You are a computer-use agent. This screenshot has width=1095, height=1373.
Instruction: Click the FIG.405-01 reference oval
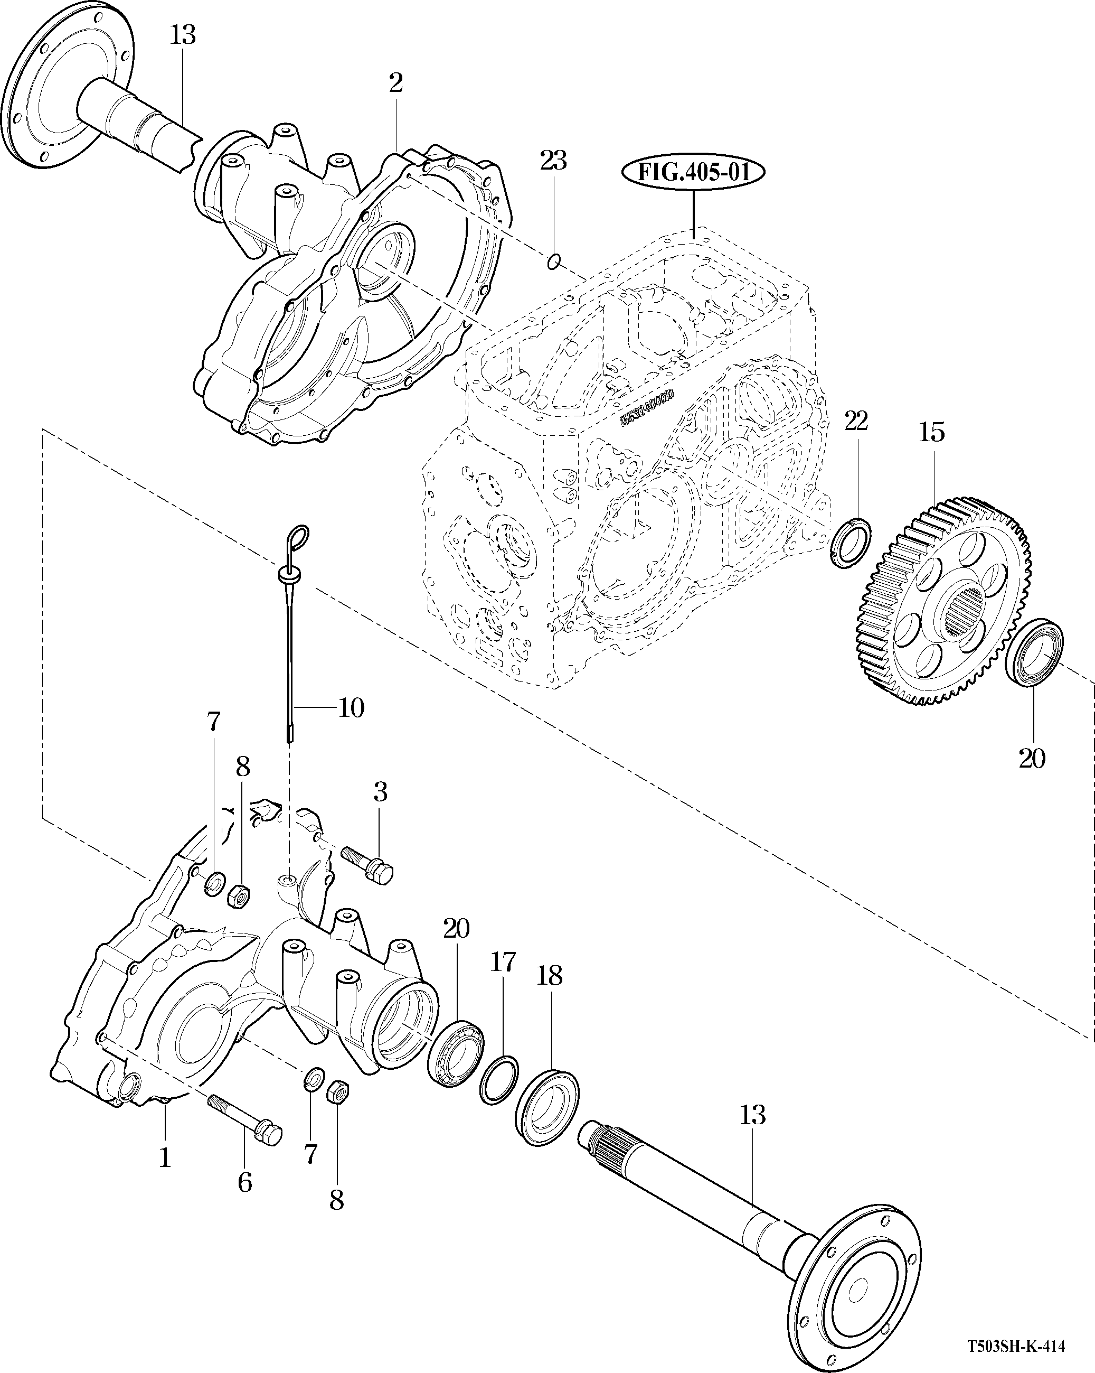693,173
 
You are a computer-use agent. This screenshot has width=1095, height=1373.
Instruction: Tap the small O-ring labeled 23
553,260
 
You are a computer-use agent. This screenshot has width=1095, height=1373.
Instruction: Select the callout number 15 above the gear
931,433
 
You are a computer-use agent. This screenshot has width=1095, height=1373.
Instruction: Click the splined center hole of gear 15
962,612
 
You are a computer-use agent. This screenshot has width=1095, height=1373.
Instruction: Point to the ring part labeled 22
852,542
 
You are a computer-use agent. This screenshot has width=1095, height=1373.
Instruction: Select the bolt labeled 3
367,867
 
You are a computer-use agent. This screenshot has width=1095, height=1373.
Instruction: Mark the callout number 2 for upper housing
396,83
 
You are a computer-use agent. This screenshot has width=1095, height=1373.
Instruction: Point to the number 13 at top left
183,35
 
